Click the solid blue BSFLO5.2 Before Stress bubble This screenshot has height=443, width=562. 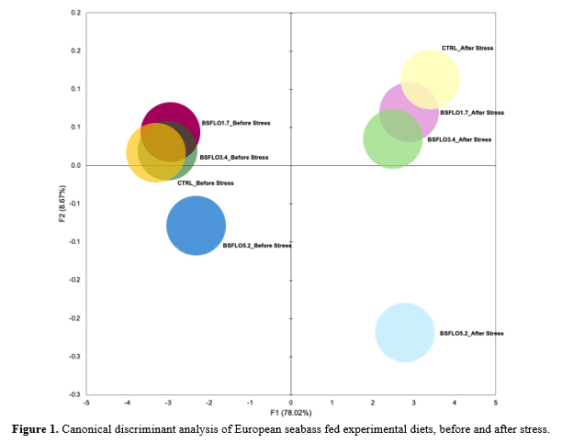click(196, 227)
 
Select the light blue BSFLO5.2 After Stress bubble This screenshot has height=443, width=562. click(405, 332)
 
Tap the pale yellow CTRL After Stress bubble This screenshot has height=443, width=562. click(430, 79)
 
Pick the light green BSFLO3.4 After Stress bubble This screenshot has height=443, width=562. click(392, 139)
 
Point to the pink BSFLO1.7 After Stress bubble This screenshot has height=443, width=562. click(409, 110)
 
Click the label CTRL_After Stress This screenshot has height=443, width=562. click(468, 48)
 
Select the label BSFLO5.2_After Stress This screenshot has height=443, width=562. click(472, 333)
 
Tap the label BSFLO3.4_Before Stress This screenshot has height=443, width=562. click(234, 158)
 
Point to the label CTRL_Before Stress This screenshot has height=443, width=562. click(205, 183)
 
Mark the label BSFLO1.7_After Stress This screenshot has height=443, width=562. click(472, 112)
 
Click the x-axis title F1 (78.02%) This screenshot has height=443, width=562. click(290, 413)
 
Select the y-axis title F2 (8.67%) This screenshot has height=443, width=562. click(61, 204)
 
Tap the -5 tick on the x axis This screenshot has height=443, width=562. click(85, 402)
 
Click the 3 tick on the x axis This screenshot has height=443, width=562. click(413, 402)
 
